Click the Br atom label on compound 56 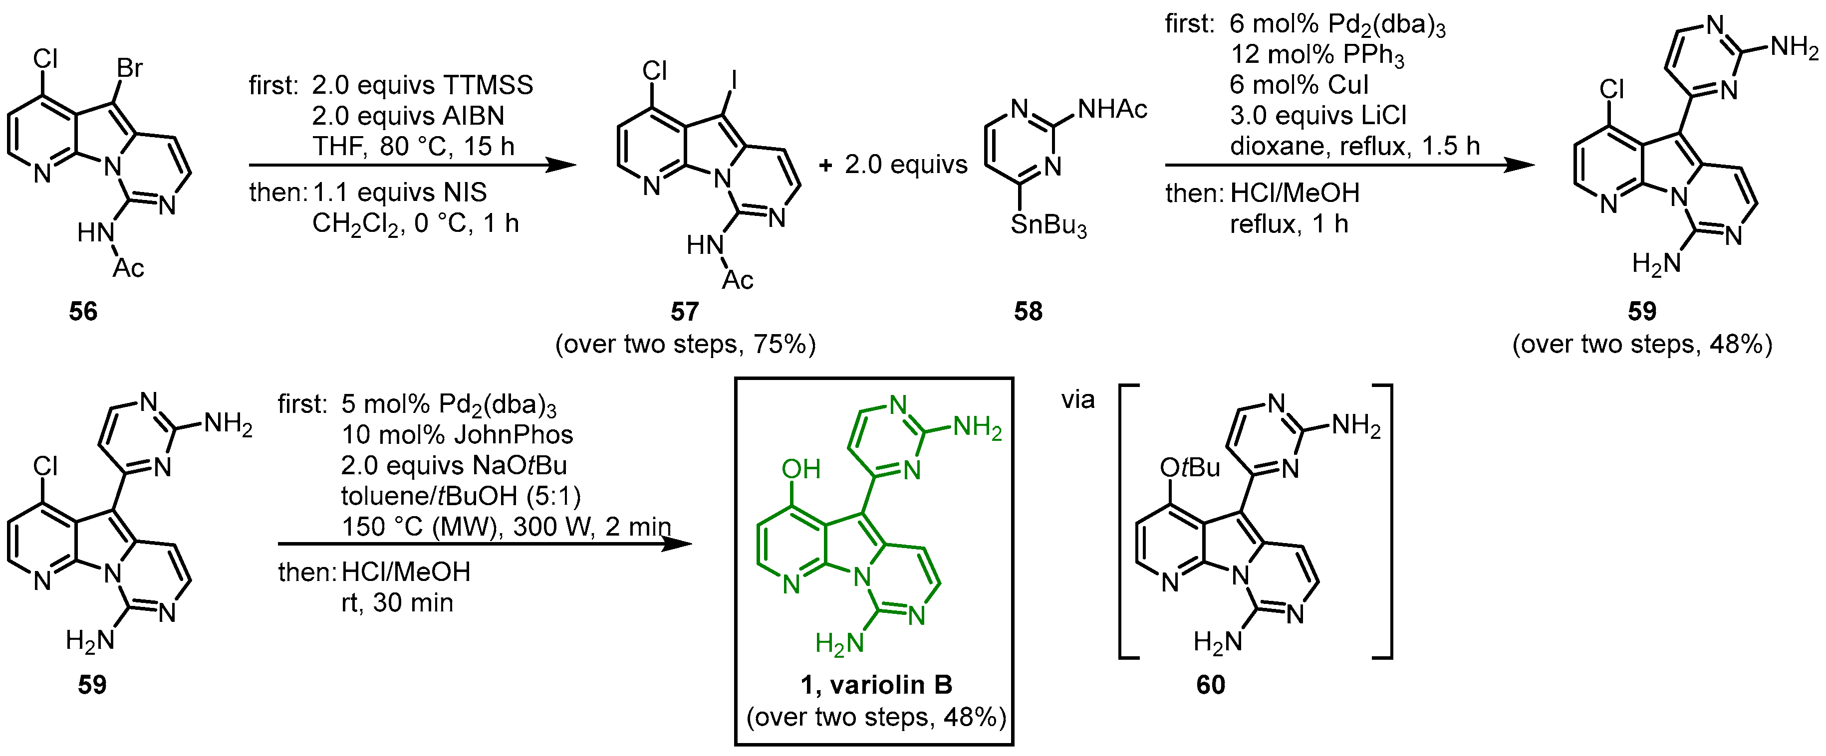click(130, 68)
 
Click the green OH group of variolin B click(801, 468)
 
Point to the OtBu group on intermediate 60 click(1189, 467)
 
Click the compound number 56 click(83, 311)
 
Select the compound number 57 click(685, 311)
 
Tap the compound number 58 click(1028, 311)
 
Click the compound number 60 click(1211, 684)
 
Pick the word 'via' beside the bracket click(1077, 400)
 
